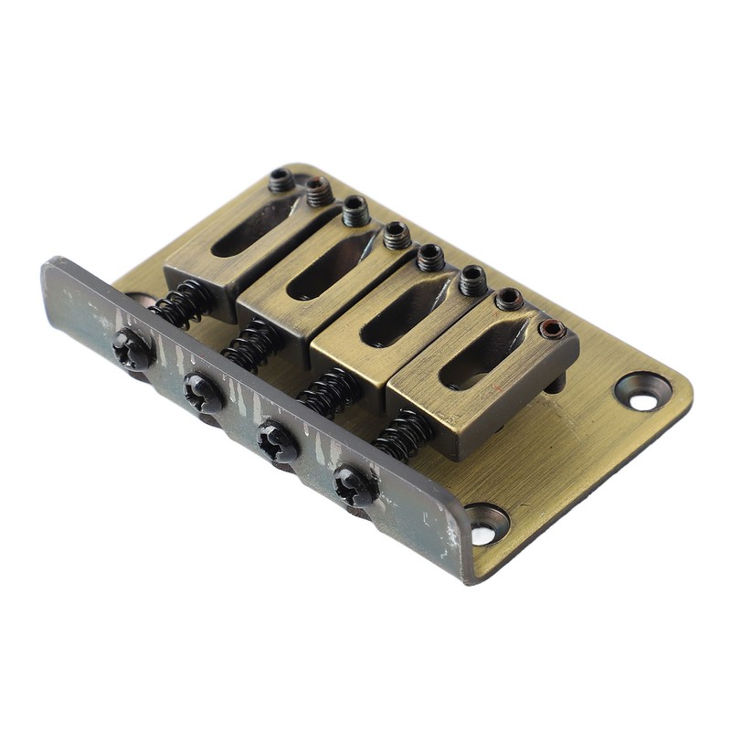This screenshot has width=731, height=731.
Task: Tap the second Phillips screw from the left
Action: pyautogui.click(x=203, y=393)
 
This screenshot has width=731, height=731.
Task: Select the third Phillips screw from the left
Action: pyautogui.click(x=277, y=440)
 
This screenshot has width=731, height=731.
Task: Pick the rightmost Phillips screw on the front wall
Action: pyautogui.click(x=355, y=485)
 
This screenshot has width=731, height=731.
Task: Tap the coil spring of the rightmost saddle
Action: pyautogui.click(x=403, y=434)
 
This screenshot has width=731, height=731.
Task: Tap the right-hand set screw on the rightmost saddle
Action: pyautogui.click(x=551, y=329)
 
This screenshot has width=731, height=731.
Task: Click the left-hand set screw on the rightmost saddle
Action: pyautogui.click(x=508, y=300)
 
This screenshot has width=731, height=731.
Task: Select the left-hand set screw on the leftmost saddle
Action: pyautogui.click(x=281, y=180)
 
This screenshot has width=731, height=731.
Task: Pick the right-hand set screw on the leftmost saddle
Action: pyautogui.click(x=318, y=191)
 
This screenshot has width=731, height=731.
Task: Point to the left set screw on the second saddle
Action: pyautogui.click(x=355, y=211)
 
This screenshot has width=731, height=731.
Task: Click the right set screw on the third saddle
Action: pyautogui.click(x=472, y=280)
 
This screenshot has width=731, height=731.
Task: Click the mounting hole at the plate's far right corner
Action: pyautogui.click(x=642, y=391)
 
